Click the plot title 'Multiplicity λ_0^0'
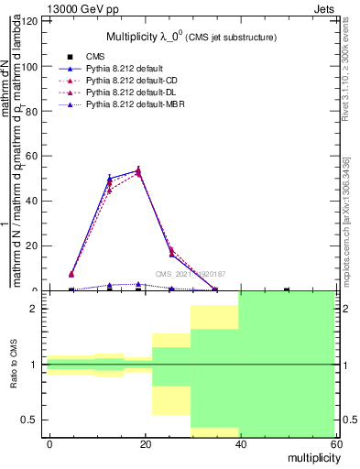pos(151,36)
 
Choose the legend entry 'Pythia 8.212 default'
pos(125,69)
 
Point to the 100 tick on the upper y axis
pos(44,67)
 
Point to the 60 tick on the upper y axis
pos(44,157)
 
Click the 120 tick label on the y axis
pos(31,22)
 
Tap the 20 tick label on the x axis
pos(145,443)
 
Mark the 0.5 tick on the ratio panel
pos(44,420)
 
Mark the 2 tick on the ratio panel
pos(44,309)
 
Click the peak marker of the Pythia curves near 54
pos(138,169)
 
